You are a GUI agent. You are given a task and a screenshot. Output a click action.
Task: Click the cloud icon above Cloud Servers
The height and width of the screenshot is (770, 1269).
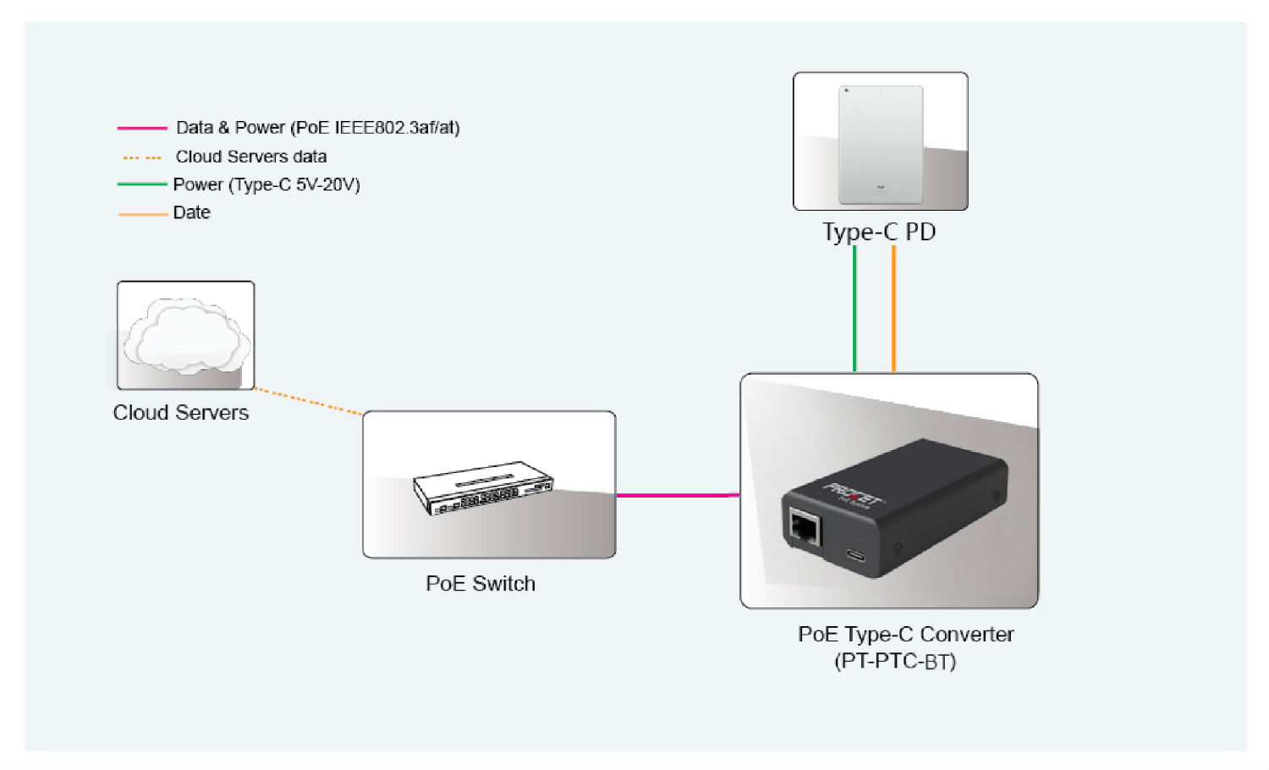click(x=186, y=336)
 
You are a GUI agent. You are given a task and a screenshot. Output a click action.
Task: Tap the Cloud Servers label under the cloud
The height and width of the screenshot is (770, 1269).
click(x=181, y=413)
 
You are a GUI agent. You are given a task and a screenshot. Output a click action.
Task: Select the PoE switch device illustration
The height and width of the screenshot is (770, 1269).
click(x=483, y=487)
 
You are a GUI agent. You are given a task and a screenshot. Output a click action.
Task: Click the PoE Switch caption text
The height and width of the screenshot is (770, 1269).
click(x=481, y=584)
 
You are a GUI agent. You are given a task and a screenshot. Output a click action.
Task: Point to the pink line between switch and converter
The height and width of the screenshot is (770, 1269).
click(x=678, y=495)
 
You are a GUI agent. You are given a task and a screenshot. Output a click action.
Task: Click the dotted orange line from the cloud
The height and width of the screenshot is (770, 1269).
click(x=308, y=402)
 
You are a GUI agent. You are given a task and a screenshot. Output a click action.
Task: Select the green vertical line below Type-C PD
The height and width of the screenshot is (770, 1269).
click(x=854, y=309)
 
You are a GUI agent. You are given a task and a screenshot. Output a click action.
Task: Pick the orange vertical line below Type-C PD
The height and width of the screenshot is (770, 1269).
click(x=893, y=309)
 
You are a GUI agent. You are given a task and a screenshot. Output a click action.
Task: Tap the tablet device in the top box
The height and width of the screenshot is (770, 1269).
click(x=881, y=144)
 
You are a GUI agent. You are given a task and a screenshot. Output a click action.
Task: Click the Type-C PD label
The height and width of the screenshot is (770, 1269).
click(x=879, y=232)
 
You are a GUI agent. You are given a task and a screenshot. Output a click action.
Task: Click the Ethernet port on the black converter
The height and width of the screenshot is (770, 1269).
click(x=805, y=529)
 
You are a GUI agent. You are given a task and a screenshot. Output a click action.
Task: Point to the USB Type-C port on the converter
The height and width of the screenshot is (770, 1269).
click(x=855, y=556)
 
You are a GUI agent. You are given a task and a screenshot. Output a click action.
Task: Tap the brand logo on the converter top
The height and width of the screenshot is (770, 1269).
click(x=854, y=494)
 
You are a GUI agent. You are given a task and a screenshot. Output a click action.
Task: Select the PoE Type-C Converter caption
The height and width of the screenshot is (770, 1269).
click(x=905, y=635)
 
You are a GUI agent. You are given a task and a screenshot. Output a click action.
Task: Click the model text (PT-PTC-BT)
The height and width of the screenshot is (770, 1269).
click(x=895, y=661)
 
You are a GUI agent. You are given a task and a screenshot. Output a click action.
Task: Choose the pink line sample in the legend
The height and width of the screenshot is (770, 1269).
click(x=142, y=129)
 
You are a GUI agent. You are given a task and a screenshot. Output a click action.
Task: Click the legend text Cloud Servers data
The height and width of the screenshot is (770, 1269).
click(x=251, y=157)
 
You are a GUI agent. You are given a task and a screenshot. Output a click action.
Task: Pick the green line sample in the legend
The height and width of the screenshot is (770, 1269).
click(x=142, y=184)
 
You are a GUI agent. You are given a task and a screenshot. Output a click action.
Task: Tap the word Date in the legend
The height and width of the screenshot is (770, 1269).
click(x=191, y=213)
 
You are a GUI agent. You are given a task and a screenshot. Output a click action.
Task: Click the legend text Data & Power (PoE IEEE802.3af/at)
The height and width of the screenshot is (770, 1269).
click(x=317, y=128)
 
